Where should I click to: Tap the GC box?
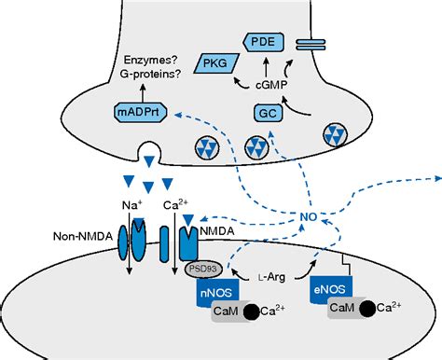pyautogui.click(x=266, y=113)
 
